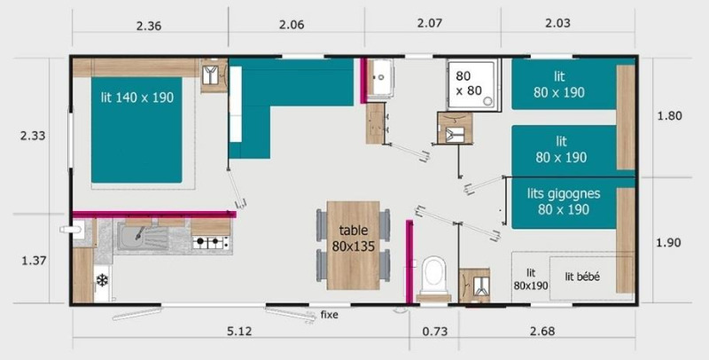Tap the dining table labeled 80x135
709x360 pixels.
[353, 245]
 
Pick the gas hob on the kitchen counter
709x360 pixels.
[211, 240]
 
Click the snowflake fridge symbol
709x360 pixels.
[102, 280]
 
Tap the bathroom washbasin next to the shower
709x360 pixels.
[381, 76]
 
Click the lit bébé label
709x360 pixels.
[582, 277]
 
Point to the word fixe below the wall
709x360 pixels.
[329, 314]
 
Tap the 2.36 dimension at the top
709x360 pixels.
[149, 26]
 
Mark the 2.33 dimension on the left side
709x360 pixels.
[33, 136]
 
